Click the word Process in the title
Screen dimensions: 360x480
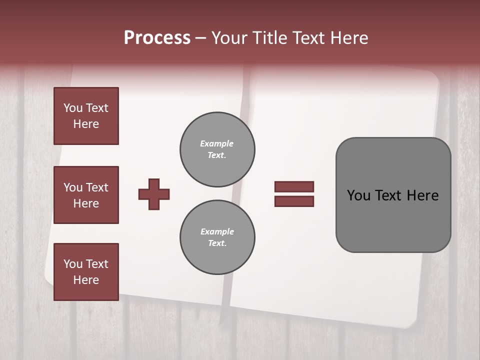click(x=157, y=38)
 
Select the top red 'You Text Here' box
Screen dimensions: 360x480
click(x=86, y=116)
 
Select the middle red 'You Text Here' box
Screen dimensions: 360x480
click(x=86, y=195)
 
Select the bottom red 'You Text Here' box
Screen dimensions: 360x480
click(x=86, y=272)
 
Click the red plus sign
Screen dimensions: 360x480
click(x=154, y=194)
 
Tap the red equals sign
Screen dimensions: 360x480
click(x=294, y=194)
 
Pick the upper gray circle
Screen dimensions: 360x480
click(x=217, y=149)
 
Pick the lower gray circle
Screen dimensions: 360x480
click(x=217, y=237)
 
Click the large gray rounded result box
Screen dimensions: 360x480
click(x=393, y=195)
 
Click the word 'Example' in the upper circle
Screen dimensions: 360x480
click(x=216, y=144)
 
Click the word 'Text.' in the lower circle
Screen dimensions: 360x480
click(x=217, y=243)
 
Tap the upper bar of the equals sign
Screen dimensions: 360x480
click(x=294, y=186)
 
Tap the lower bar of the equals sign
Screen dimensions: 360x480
click(x=294, y=201)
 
